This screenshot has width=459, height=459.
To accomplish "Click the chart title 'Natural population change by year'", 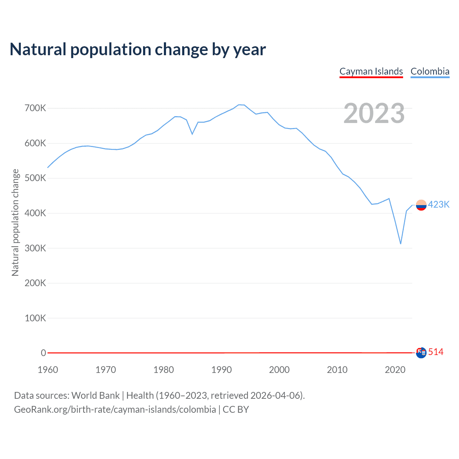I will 138,49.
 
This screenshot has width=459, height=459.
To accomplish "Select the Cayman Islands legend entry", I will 371,71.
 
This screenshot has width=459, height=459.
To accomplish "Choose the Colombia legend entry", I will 430,71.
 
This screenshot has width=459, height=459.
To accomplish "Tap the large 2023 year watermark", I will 374,113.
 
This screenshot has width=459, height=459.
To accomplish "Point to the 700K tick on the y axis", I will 35,108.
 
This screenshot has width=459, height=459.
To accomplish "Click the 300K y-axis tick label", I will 35,248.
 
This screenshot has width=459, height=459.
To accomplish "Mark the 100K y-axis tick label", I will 35,318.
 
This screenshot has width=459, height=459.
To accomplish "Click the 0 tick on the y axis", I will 43,353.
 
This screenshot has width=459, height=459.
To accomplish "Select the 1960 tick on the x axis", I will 48,370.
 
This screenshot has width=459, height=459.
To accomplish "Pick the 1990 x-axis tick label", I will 221,370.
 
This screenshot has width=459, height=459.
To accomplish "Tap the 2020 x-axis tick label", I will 395,370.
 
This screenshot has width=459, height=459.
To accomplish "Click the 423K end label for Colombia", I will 439,204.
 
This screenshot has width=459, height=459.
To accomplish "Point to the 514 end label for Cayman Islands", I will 436,352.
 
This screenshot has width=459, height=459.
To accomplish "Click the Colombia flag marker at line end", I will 421,205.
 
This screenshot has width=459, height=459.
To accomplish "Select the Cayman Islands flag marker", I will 421,352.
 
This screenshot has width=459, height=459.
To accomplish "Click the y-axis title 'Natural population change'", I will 15,222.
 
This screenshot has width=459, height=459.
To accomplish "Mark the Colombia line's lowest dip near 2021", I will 401,244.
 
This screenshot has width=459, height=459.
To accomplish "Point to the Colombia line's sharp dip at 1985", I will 192,134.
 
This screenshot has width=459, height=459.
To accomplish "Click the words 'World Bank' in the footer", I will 95,396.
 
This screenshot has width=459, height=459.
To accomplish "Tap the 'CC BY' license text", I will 236,410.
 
